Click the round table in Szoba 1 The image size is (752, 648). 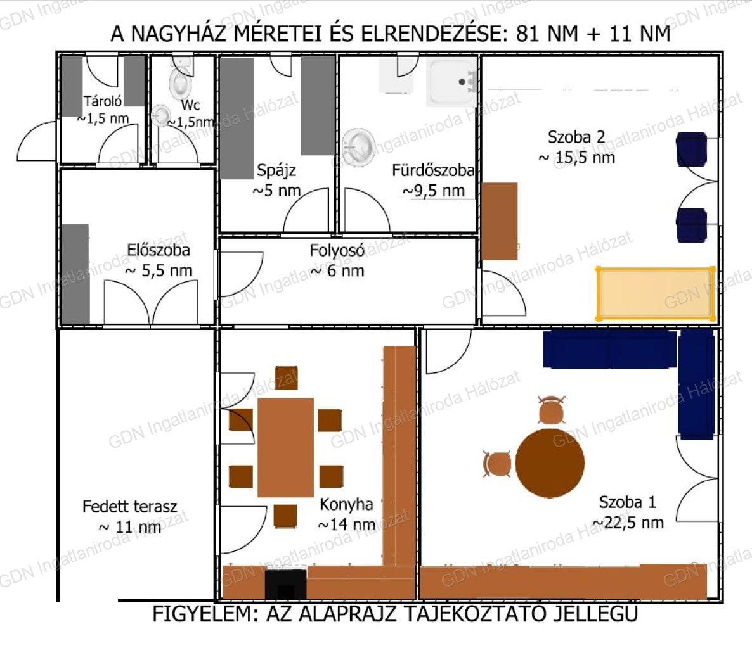coord(550,462)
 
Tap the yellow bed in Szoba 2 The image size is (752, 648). coord(656,293)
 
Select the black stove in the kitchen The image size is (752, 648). coord(286,584)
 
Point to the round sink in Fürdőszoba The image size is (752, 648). coord(359,146)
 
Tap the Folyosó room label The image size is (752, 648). coord(337,250)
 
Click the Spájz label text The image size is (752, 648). coord(276,170)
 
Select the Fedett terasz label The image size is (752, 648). coord(129,506)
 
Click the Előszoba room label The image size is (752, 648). coord(159,250)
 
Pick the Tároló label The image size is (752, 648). coord(103,101)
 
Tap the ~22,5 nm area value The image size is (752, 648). coord(628,523)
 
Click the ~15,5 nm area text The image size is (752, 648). coord(577,157)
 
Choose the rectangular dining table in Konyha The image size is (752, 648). coord(286,447)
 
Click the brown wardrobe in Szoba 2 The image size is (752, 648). coord(500,221)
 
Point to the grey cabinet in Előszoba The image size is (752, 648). coord(75,274)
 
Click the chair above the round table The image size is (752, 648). coord(552,410)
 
